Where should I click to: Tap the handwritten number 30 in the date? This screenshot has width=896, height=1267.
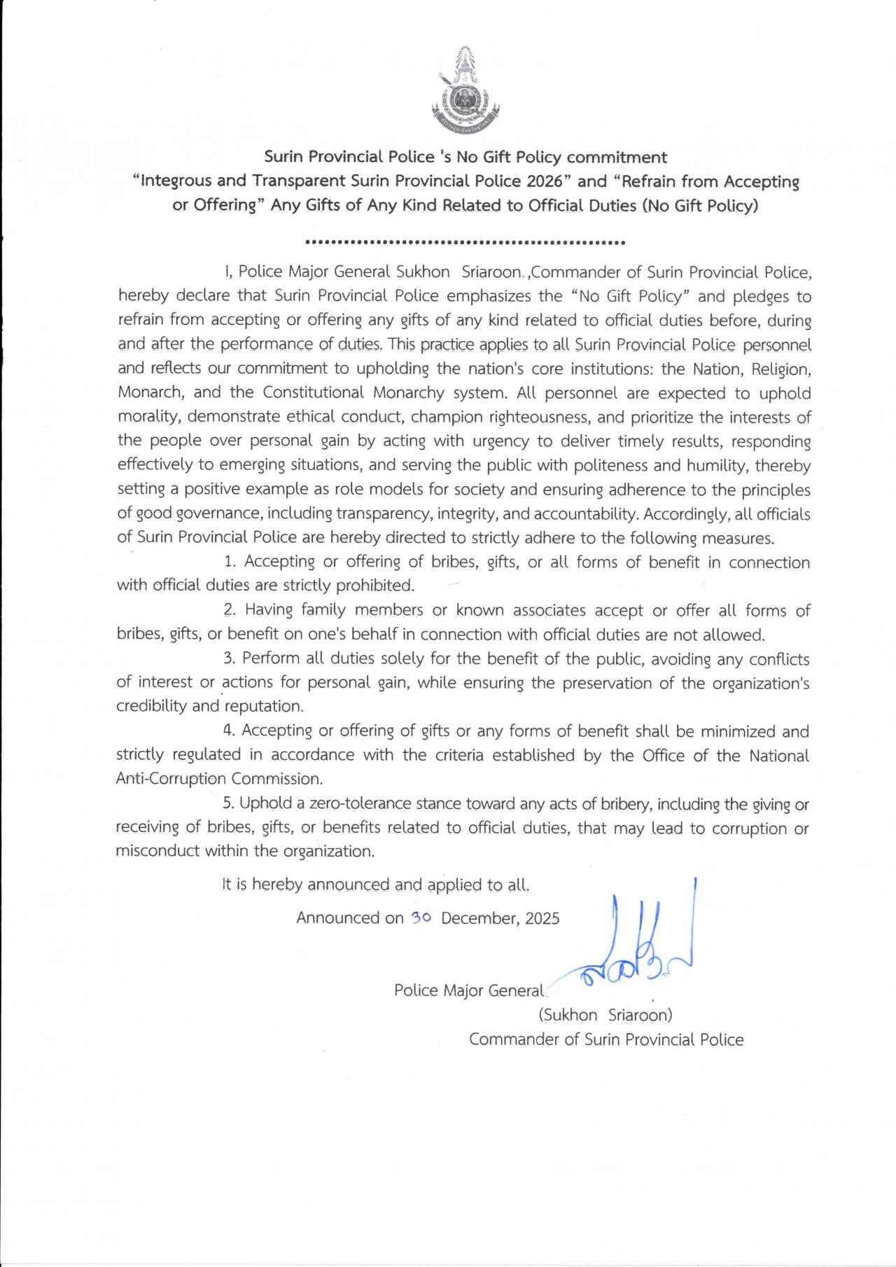pos(421,918)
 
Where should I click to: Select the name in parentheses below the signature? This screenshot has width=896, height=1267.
pos(605,1015)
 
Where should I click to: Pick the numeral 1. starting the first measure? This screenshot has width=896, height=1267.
pos(231,562)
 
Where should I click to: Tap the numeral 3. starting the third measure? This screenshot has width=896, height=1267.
pos(230,658)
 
